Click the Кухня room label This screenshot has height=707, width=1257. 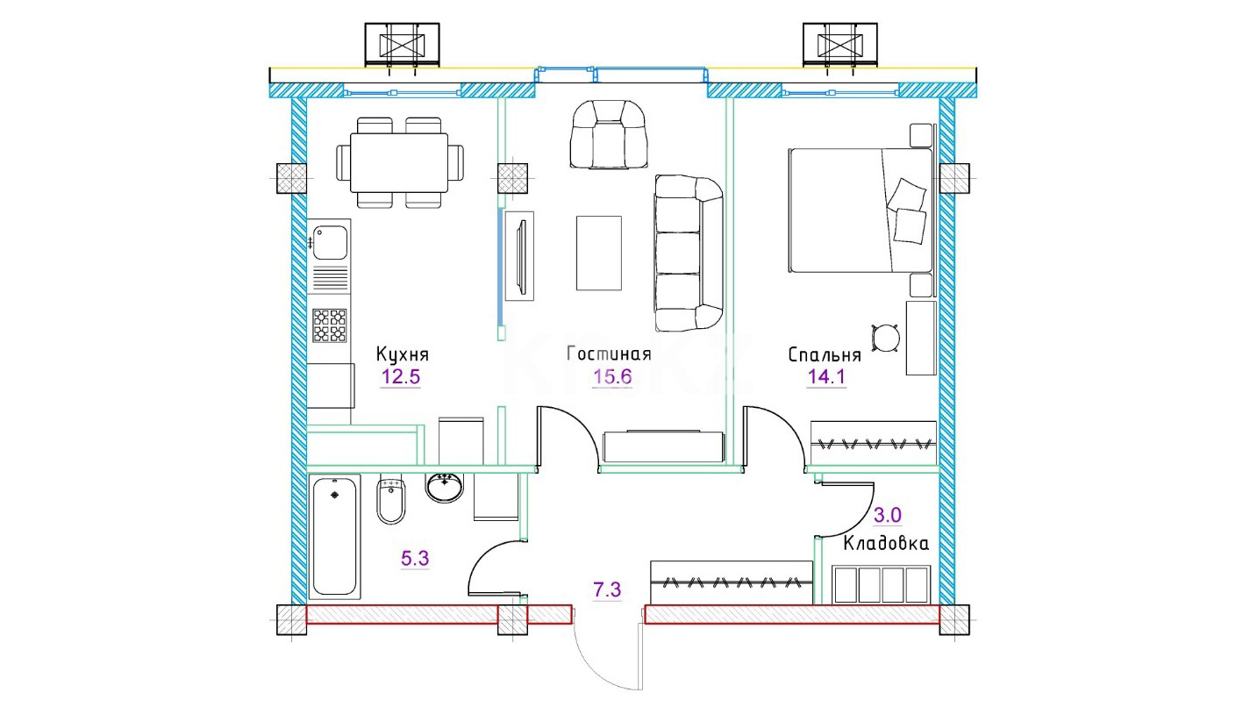pos(402,354)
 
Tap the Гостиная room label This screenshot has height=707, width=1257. pos(609,354)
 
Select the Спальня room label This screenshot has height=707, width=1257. pos(825,354)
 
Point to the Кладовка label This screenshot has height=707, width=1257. pos(886,544)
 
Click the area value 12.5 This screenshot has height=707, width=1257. pos(401,377)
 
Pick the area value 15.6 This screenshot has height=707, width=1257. pos(612,377)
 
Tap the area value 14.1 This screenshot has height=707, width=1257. pos(826,377)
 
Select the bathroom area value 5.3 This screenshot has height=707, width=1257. pos(415,558)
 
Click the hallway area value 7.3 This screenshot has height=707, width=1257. pos(607,589)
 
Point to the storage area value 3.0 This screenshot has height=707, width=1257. pos(888,515)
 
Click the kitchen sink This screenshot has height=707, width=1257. pos(330,242)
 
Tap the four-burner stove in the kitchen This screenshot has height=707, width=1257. pos(330,325)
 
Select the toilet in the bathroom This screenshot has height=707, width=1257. pos(391,499)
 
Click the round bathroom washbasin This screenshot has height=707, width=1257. pos(445,487)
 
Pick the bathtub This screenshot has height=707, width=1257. pos(334,537)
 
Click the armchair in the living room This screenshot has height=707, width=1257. pos(608,135)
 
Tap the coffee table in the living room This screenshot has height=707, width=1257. pos(599,253)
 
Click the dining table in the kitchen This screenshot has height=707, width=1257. pos(399,163)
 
